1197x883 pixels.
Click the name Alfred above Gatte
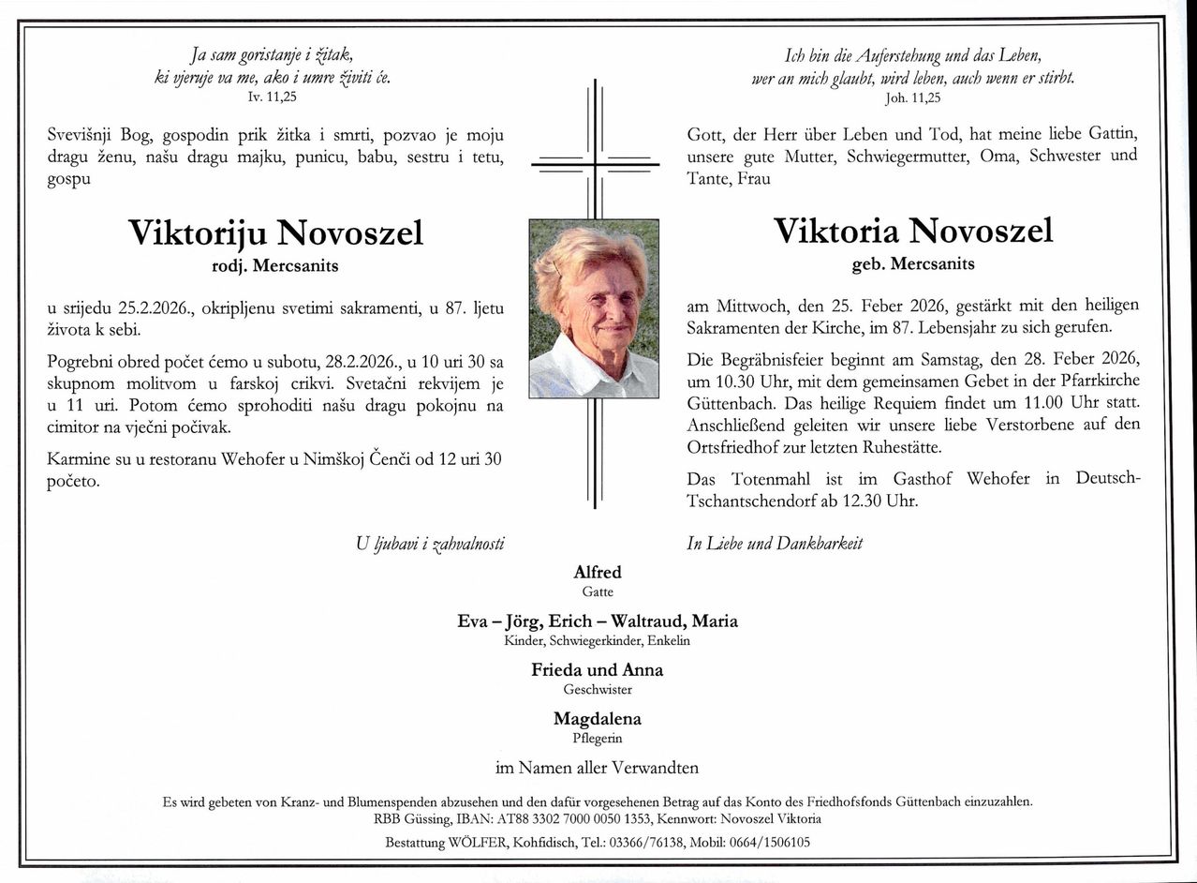598,572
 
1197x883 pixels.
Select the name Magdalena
598,719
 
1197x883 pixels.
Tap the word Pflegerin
598,739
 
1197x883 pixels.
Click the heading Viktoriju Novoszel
275,232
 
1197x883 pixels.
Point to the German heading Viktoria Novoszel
913,231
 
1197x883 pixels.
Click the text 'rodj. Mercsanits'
275,265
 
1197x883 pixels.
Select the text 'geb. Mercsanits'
913,264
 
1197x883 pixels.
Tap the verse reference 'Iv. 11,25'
273,97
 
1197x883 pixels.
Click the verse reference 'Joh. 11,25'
913,97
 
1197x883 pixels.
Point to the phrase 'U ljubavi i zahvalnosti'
430,543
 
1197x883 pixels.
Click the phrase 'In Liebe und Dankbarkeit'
775,543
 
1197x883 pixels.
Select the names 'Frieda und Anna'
598,670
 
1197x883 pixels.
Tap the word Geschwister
598,690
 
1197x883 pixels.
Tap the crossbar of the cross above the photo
595,165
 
